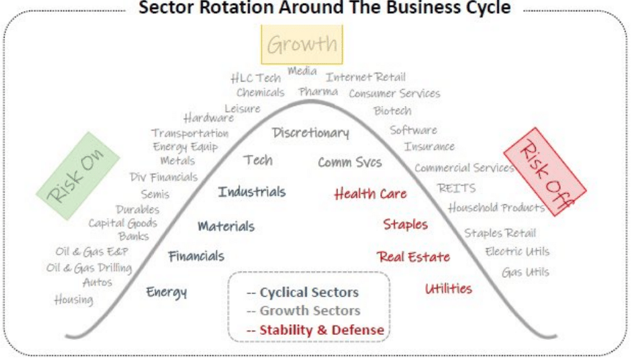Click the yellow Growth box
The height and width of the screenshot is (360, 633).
tap(302, 45)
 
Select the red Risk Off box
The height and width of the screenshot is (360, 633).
tap(544, 171)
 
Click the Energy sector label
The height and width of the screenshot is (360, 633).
tap(166, 292)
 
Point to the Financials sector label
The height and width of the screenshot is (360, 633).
tap(196, 256)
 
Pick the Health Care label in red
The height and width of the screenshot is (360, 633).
tap(370, 194)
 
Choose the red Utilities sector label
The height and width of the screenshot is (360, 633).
tap(449, 289)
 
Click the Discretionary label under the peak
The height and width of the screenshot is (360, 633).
tap(311, 133)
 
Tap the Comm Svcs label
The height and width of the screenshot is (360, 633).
tap(349, 162)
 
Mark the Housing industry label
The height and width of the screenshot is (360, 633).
tap(73, 300)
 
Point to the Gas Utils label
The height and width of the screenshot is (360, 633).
tap(525, 272)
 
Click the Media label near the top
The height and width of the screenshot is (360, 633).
tap(302, 71)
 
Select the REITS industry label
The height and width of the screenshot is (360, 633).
tap(457, 188)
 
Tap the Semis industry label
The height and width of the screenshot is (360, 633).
tap(155, 194)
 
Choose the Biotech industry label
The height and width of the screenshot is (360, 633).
tap(393, 111)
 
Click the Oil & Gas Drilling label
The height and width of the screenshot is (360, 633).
tap(89, 268)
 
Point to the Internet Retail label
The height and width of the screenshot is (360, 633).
tap(366, 77)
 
